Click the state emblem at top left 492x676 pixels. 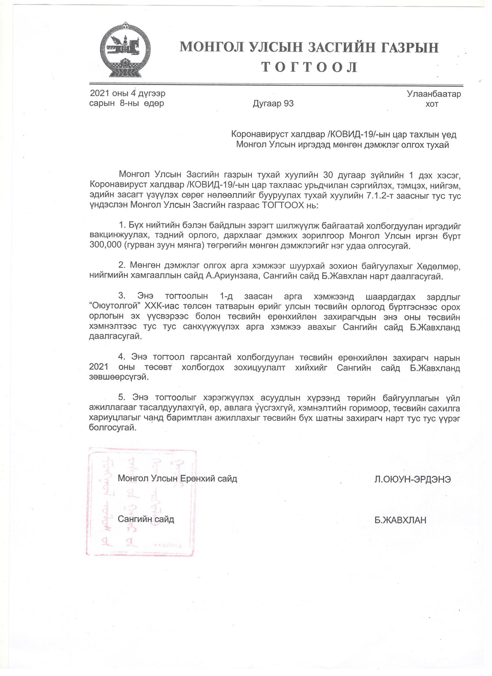click(125, 50)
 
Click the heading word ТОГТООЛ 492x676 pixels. click(309, 67)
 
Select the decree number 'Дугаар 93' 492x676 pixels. click(273, 104)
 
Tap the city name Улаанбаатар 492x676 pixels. click(434, 94)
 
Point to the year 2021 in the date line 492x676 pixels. click(99, 93)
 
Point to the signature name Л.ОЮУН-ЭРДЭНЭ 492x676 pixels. click(413, 480)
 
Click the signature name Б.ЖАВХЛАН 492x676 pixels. click(400, 520)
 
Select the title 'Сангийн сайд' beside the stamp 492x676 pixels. click(146, 519)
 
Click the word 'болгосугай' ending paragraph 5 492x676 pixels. click(112, 428)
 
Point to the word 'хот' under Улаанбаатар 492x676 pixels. click(432, 104)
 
